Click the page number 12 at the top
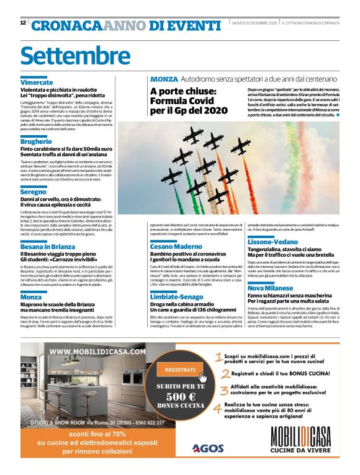point(23,23)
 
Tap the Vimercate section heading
point(37,82)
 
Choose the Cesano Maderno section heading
point(176,246)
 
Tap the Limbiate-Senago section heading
point(179,297)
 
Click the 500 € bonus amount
point(176,396)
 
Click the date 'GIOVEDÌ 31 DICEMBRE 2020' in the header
point(254,23)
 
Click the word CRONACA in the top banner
point(66,25)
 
